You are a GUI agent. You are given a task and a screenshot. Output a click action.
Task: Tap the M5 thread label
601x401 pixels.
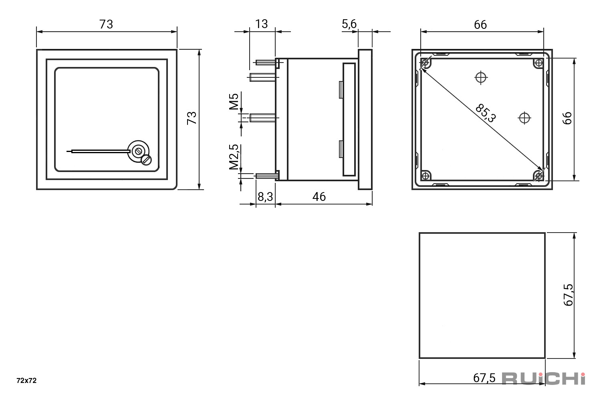pos(234,101)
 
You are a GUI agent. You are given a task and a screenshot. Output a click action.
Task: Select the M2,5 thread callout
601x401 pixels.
pos(234,157)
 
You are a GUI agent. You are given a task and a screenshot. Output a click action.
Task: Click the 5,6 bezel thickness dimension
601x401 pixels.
pos(349,24)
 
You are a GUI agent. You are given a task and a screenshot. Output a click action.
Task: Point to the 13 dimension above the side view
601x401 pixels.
pos(261,24)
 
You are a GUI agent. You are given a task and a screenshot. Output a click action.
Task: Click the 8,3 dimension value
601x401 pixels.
pos(265,197)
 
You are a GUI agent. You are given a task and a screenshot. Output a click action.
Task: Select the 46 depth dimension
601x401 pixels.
pos(319,197)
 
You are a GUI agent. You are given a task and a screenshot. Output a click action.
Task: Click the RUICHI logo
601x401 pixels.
pos(544,379)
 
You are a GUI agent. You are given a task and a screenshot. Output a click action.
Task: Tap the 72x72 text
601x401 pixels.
pos(26,381)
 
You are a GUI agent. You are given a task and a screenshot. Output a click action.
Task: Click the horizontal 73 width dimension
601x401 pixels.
pos(106,24)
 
